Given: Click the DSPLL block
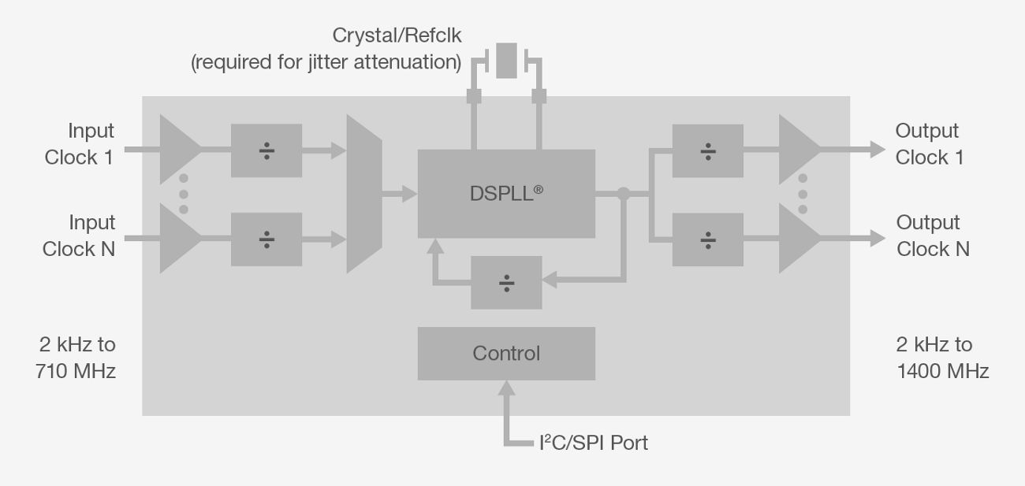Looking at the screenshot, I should (506, 194).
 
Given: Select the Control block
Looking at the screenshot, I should (506, 354).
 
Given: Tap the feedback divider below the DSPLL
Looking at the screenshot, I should (506, 282).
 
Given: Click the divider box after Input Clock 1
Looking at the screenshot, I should (266, 150).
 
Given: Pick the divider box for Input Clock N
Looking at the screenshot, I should (266, 239).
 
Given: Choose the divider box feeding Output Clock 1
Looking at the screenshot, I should (708, 150).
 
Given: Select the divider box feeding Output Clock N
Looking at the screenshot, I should (708, 239).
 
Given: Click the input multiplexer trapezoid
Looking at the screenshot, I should (364, 194).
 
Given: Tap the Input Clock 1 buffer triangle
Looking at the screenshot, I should (178, 150).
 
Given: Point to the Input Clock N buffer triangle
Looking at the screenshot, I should (178, 239).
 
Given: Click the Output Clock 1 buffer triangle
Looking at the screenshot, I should (797, 150).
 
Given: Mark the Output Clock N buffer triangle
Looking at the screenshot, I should (797, 239).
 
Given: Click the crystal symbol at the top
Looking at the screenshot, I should (506, 61).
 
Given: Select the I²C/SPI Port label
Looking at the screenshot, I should (593, 443).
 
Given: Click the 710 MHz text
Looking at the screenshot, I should (76, 371).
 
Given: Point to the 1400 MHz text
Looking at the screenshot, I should (942, 371).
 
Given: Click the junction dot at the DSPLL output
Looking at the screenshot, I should (624, 193).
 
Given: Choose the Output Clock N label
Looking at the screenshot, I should (932, 236).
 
